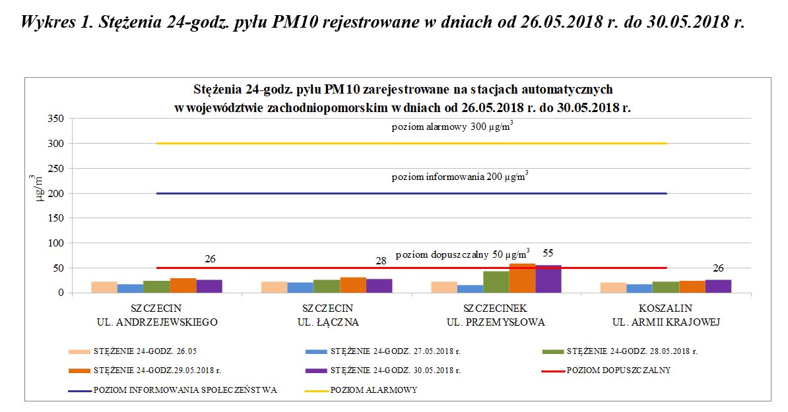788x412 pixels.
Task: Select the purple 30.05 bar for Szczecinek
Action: (548, 280)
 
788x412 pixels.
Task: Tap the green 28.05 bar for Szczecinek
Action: (496, 282)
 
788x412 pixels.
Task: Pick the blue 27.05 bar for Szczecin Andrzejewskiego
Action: (130, 289)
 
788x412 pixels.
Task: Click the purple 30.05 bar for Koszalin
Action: (718, 287)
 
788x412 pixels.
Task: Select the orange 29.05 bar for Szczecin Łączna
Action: (353, 285)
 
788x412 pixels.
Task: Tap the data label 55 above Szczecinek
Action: (548, 253)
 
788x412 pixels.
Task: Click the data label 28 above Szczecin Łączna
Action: (381, 262)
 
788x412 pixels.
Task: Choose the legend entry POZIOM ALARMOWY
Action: (373, 390)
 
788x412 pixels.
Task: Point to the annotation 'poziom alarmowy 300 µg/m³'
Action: (452, 127)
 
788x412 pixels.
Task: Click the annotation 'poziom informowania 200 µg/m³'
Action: (459, 177)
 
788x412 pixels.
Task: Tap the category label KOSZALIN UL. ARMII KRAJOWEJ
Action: (665, 315)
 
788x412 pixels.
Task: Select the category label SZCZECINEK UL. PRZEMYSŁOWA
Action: (496, 315)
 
